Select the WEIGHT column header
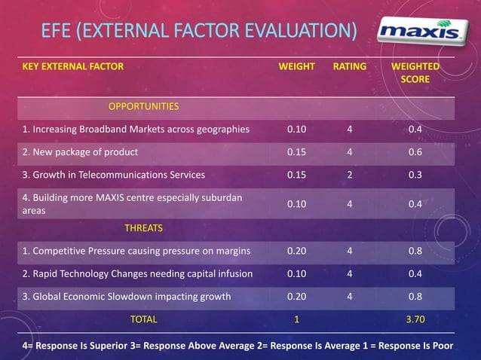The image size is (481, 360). [296, 66]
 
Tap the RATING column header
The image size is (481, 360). [349, 66]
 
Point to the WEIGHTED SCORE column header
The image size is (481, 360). [415, 72]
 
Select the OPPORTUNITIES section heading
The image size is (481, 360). [143, 106]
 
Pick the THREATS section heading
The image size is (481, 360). [143, 227]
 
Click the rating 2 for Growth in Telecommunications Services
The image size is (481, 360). [349, 175]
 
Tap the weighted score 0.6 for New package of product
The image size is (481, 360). [415, 151]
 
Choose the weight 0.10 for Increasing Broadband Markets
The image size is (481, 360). [296, 129]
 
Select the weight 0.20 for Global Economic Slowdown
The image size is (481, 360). [296, 296]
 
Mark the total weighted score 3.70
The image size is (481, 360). [415, 319]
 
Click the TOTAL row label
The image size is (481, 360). [143, 319]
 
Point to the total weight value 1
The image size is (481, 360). [296, 319]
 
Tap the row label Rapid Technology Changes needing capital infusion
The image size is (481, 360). [136, 273]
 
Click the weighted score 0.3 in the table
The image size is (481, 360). [415, 175]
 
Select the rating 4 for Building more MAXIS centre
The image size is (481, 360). [349, 204]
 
